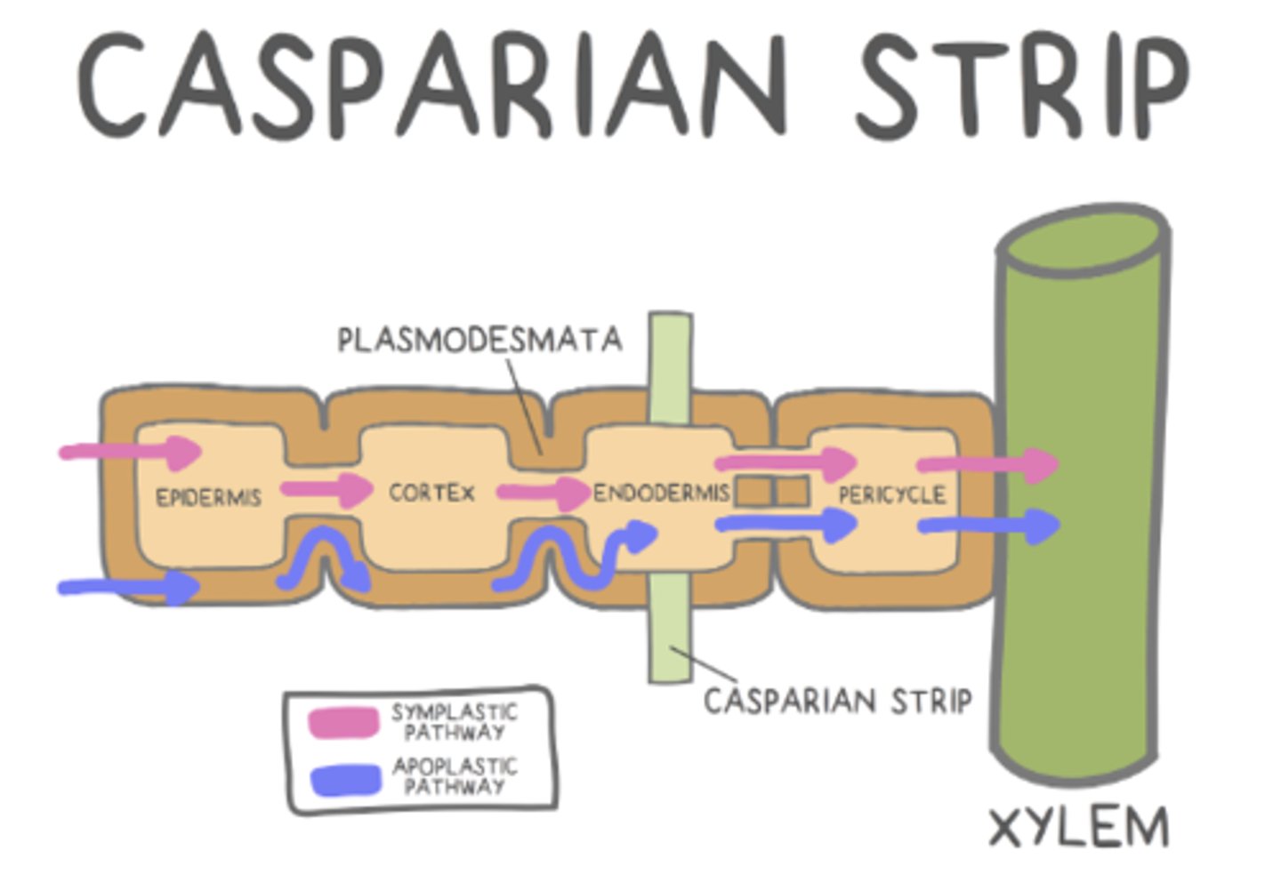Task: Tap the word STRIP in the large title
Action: pyautogui.click(x=1020, y=86)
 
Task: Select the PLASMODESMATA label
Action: pyautogui.click(x=479, y=340)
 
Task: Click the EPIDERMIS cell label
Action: pyautogui.click(x=209, y=497)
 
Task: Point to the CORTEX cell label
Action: pyautogui.click(x=431, y=492)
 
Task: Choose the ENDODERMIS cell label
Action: pyautogui.click(x=661, y=493)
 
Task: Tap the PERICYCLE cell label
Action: pyautogui.click(x=891, y=494)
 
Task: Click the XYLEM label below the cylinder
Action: pyautogui.click(x=1079, y=828)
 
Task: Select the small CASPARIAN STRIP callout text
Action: pyautogui.click(x=837, y=702)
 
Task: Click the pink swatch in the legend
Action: pyautogui.click(x=343, y=722)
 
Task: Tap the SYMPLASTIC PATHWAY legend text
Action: pyautogui.click(x=454, y=722)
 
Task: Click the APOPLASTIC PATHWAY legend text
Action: pyautogui.click(x=455, y=776)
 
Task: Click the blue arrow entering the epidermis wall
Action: pyautogui.click(x=129, y=587)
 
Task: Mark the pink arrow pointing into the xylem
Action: pyautogui.click(x=987, y=464)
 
